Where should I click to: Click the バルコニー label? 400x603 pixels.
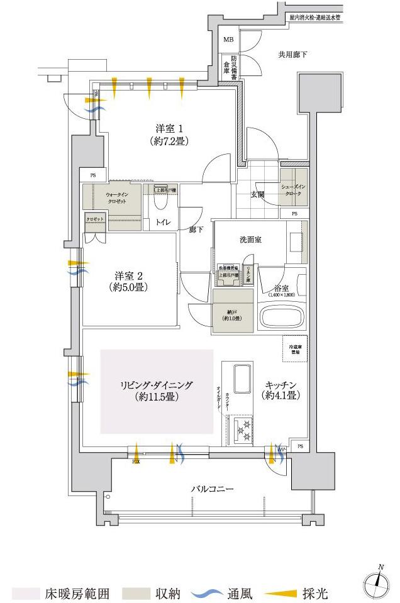213,489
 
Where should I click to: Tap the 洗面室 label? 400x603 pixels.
250,239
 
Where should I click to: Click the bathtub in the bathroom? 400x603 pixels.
281,314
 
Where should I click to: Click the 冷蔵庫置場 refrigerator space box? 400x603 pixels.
294,351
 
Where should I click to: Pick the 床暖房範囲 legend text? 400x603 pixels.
77,593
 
